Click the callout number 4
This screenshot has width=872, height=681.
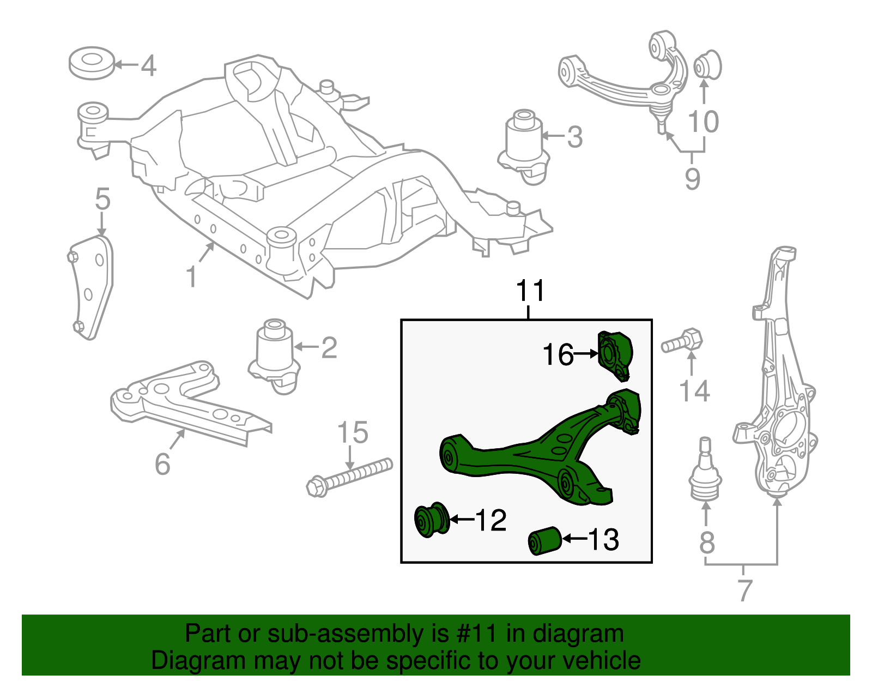click(148, 66)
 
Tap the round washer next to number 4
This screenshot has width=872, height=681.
click(92, 63)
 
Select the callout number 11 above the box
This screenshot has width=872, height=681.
click(530, 291)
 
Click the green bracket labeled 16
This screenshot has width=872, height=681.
click(615, 355)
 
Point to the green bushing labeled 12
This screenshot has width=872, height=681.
click(432, 520)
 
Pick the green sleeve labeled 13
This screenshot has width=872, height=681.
click(544, 540)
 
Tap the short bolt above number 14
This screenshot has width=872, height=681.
click(682, 342)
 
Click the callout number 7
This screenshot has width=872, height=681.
click(744, 590)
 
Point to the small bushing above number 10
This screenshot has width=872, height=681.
click(707, 65)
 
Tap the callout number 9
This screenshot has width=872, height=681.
click(692, 178)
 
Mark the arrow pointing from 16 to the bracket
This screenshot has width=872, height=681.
click(586, 354)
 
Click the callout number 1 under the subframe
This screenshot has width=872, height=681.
click(191, 277)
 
